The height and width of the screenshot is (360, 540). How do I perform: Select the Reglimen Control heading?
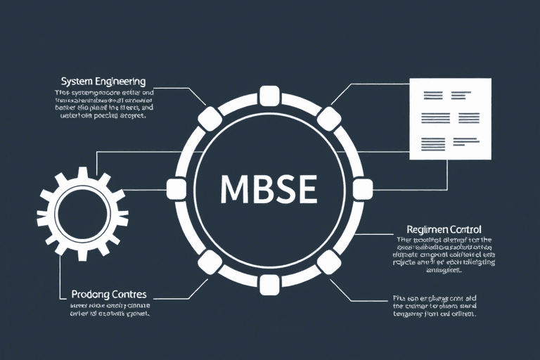tap(444, 229)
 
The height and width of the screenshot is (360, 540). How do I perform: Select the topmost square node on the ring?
tap(269, 96)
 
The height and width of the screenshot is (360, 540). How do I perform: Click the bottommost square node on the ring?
tap(269, 284)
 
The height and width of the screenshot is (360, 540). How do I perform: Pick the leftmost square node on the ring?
tap(176, 188)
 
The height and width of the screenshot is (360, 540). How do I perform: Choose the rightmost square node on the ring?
tap(362, 188)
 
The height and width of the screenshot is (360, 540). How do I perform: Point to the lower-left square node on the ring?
tap(208, 262)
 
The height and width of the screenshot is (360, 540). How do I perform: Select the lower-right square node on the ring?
tap(328, 262)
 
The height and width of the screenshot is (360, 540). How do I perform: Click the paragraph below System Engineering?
tap(103, 105)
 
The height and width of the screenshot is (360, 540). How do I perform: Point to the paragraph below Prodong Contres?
tap(111, 310)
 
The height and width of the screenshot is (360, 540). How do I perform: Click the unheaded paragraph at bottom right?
tap(434, 307)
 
